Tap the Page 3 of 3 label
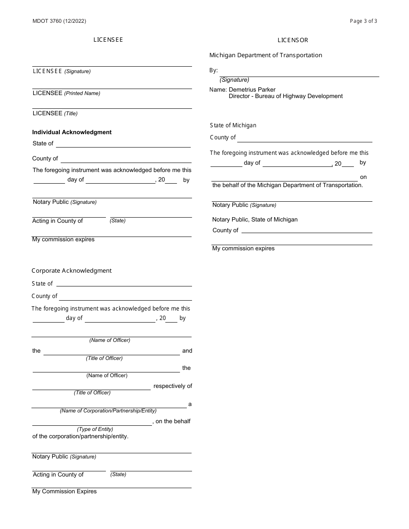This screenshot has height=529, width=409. [x=363, y=21]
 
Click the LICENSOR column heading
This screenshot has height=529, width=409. [x=293, y=40]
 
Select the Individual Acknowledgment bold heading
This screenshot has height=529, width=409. [x=72, y=132]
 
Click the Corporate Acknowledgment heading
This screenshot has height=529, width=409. [x=71, y=271]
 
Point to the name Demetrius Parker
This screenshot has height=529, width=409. [x=252, y=89]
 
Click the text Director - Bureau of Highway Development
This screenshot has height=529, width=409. [x=285, y=96]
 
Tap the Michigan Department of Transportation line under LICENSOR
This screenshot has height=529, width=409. [x=266, y=55]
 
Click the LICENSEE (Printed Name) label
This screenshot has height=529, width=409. [x=66, y=93]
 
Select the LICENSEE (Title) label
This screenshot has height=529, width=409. [x=55, y=114]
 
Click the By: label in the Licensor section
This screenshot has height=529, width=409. [x=214, y=70]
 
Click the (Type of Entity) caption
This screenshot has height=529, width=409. [x=95, y=429]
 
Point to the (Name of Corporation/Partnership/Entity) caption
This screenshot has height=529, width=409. [x=108, y=411]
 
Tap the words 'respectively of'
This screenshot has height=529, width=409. [x=173, y=386]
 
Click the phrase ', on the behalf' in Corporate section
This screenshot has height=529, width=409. [x=171, y=421]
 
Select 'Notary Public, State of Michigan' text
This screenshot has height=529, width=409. [x=255, y=219]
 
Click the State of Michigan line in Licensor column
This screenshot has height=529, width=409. [x=233, y=125]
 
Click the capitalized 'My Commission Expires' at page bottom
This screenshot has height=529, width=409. [x=65, y=491]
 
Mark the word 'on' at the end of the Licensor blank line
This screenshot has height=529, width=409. [x=363, y=177]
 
